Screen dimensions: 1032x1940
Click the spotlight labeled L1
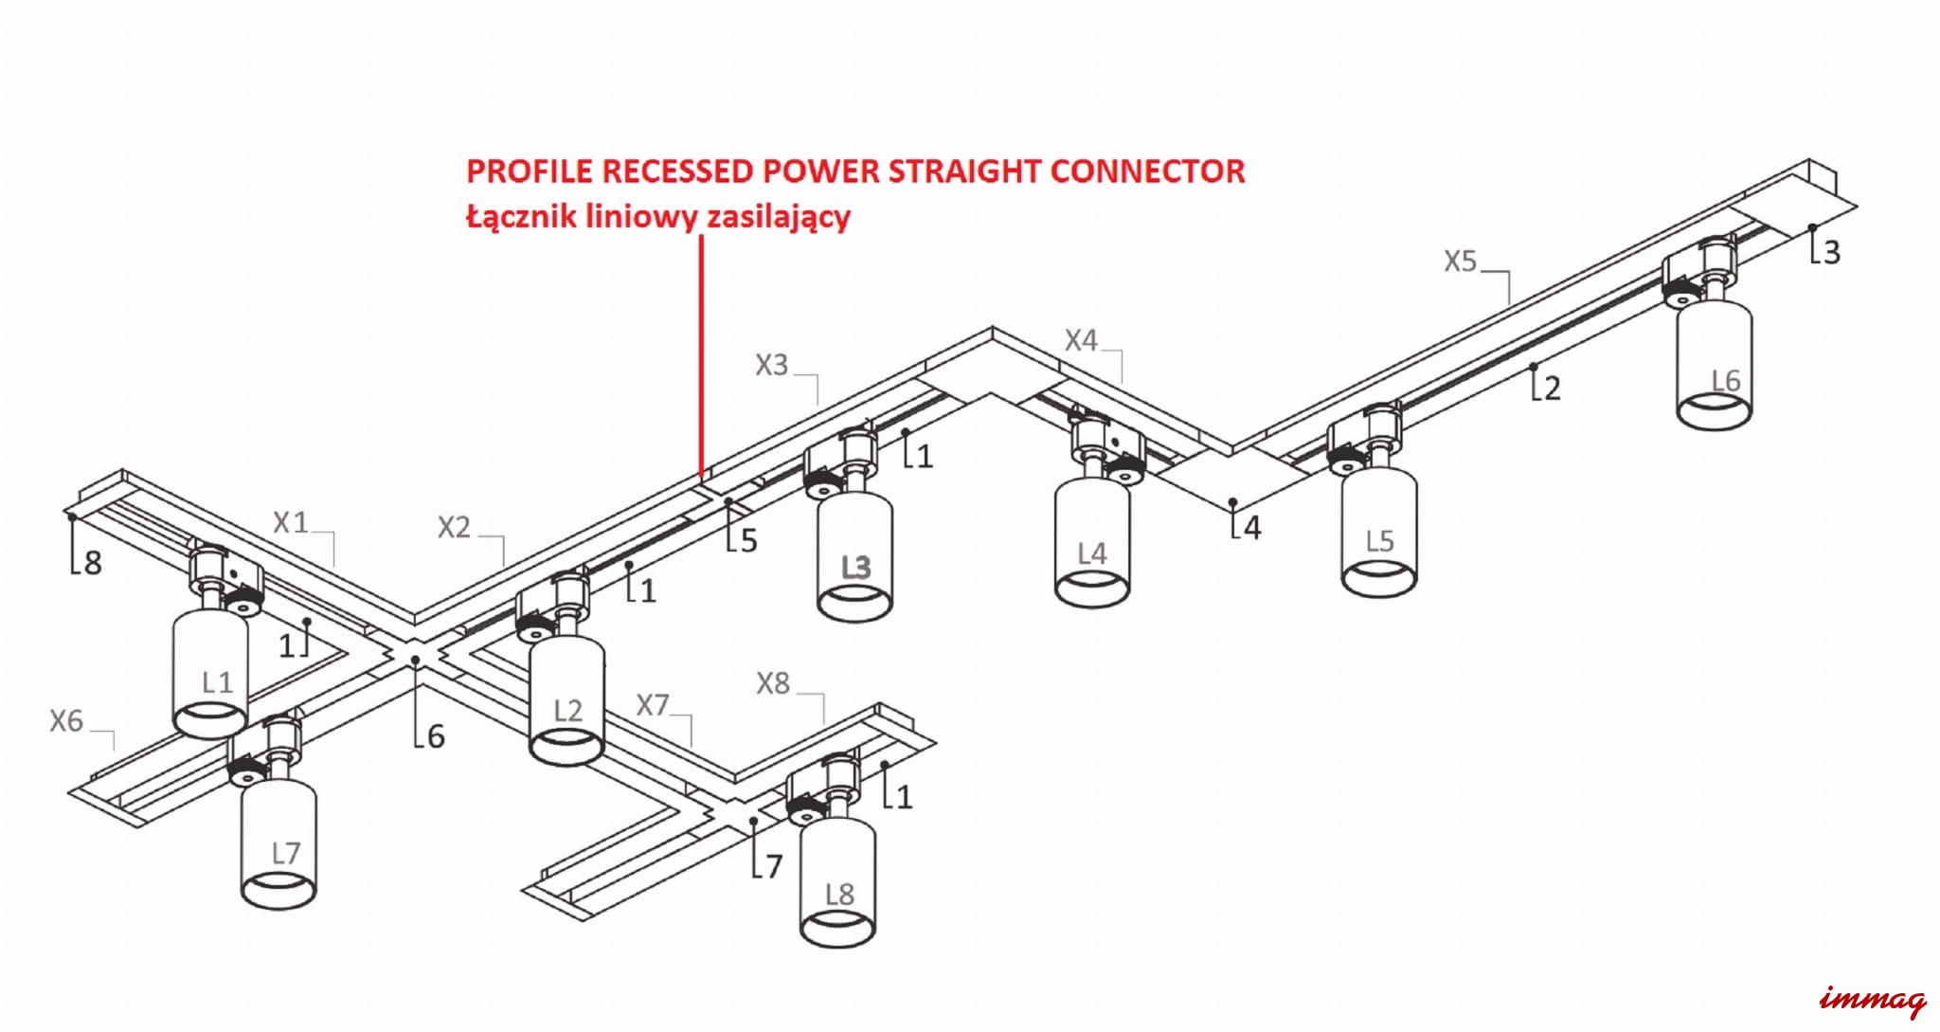click(210, 673)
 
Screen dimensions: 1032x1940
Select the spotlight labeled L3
click(854, 559)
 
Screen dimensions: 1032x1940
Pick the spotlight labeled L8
click(837, 881)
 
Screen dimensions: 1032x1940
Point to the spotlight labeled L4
click(1091, 545)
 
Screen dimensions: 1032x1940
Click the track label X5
click(1460, 262)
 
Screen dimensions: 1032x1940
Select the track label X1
click(291, 522)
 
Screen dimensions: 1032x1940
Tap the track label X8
click(773, 683)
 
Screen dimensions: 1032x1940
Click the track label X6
click(66, 721)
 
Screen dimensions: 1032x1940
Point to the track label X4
click(1081, 340)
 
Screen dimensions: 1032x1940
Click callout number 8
click(92, 563)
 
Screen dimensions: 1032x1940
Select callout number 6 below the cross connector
click(435, 736)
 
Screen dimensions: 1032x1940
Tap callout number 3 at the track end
click(1831, 252)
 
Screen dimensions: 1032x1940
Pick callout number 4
click(1252, 528)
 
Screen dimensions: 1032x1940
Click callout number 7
click(773, 866)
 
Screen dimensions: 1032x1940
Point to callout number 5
click(748, 541)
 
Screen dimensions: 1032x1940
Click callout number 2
click(1551, 388)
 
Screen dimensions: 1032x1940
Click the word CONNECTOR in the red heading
click(1147, 172)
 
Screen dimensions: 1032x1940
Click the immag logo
click(1873, 1000)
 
